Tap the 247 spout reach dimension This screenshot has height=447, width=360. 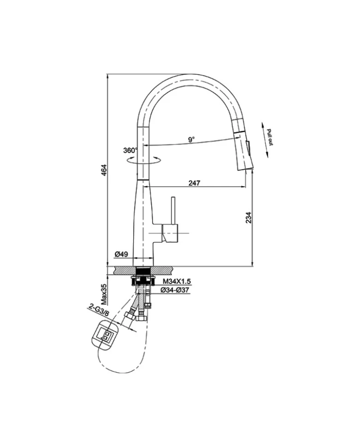[x=194, y=183]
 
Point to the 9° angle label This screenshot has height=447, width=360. [x=191, y=139]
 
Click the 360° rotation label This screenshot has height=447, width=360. [x=130, y=151]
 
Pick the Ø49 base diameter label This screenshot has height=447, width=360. [x=121, y=253]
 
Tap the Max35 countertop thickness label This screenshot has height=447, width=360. [x=104, y=294]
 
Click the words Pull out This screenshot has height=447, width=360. [x=270, y=136]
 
